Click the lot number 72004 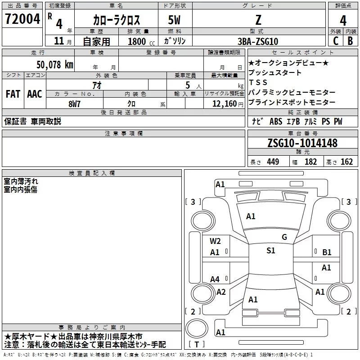click(22, 19)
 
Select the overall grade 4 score click(343, 21)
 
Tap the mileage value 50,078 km click(55, 65)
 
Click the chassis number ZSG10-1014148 click(302, 143)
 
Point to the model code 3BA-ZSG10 click(258, 41)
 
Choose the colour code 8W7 click(74, 104)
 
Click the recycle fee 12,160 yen click(228, 104)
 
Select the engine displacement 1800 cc click(141, 41)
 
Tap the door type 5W click(174, 20)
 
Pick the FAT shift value click(13, 94)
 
